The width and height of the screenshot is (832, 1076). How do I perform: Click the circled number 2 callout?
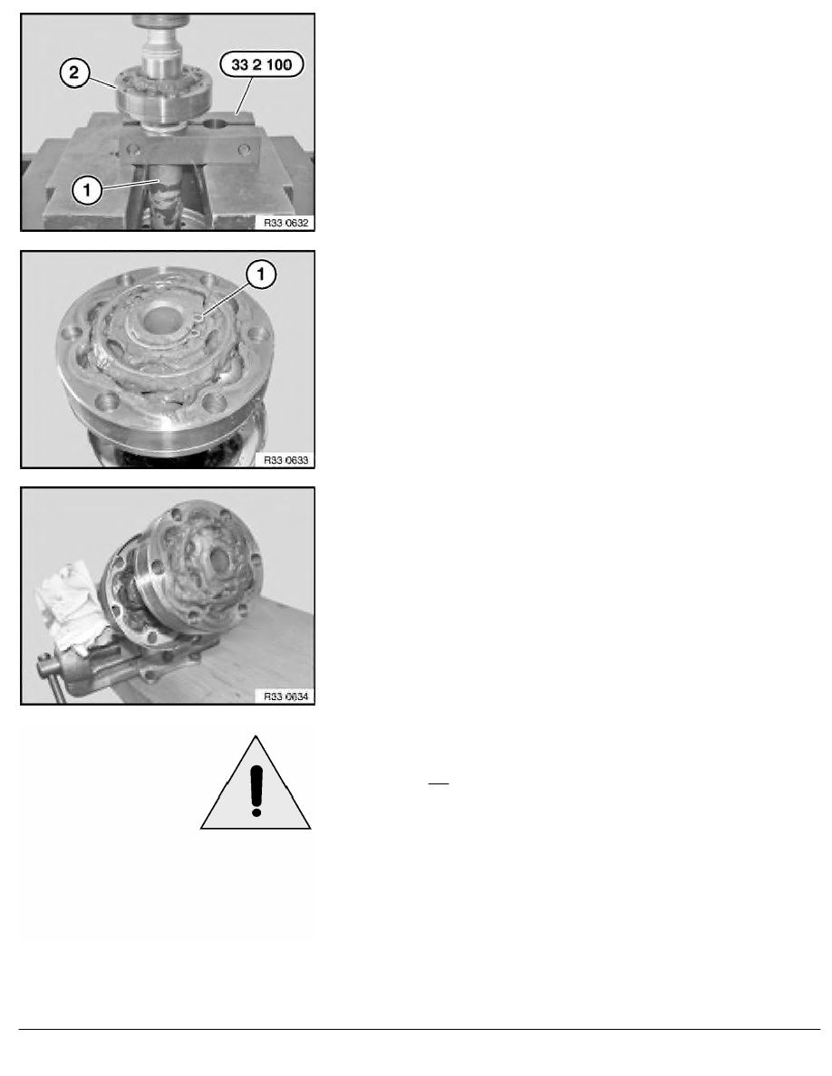coord(75,72)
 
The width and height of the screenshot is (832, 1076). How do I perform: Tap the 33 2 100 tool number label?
coord(262,64)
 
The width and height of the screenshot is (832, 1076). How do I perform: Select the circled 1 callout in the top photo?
coord(87,190)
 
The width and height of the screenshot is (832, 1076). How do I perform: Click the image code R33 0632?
coord(286,223)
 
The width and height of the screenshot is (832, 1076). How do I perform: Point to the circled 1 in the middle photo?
coord(261,274)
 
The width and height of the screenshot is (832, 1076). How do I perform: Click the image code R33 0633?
coord(286,460)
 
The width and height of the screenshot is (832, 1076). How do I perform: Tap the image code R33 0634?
coord(286,697)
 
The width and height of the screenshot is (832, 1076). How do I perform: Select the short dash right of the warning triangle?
coord(439,783)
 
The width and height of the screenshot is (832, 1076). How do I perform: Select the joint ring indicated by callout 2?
coord(163,95)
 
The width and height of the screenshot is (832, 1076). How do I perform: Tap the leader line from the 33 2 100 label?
coord(245,95)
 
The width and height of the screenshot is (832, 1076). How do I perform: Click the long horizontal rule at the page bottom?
coord(420,1029)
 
